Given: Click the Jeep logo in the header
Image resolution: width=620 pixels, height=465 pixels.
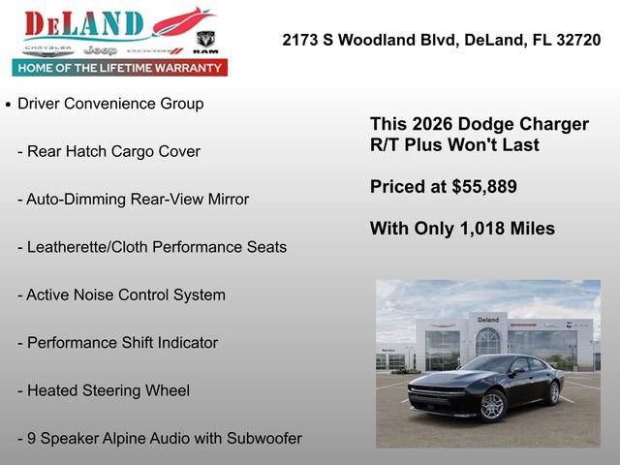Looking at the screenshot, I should click(x=100, y=48).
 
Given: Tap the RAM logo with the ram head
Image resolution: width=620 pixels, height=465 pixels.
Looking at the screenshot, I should click(x=204, y=42).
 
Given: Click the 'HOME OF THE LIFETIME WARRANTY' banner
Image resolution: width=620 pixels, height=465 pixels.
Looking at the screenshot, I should click(x=120, y=68).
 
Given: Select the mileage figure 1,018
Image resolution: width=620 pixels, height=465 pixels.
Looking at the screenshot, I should click(x=481, y=229).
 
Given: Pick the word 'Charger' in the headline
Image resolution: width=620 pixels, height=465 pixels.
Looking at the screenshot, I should click(x=552, y=125).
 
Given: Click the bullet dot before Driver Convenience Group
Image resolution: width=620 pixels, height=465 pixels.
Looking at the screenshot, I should click(x=9, y=105).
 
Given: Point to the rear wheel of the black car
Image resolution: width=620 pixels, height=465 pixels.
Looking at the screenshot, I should click(x=553, y=392).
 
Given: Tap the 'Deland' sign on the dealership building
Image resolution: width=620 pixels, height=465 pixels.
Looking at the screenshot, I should click(x=488, y=320).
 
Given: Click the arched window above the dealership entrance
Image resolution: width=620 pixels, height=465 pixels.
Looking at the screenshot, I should click(x=488, y=340).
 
